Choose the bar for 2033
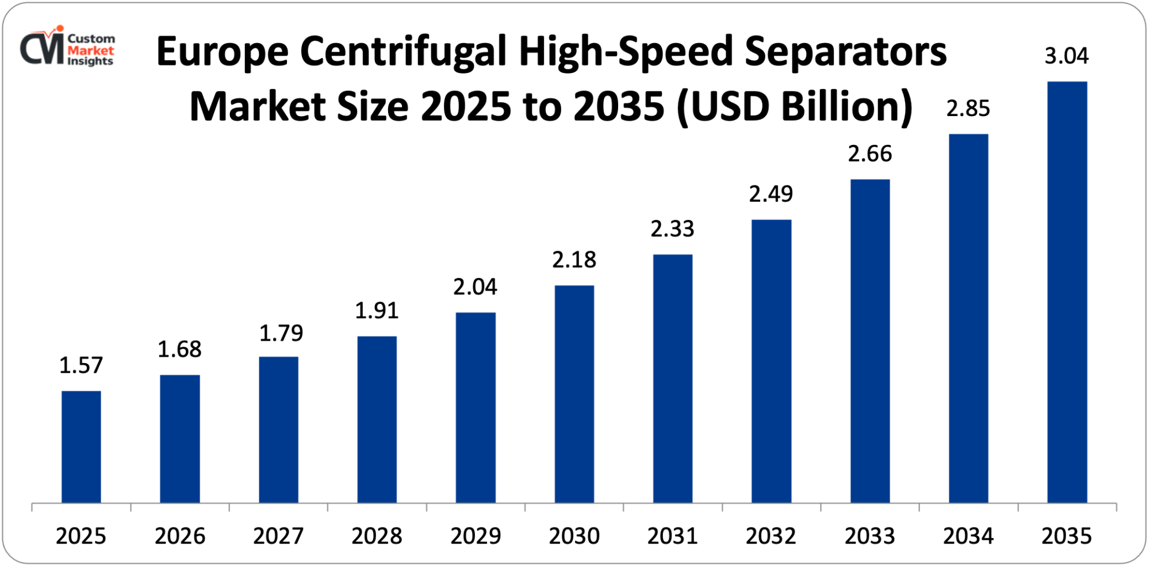869,341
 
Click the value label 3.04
1066,56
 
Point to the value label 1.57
81,365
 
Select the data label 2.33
672,229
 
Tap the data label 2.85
968,109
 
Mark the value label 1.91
377,311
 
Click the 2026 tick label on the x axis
180,536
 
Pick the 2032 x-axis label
771,536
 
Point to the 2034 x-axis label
968,536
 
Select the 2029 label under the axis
476,536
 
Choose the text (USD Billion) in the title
795,107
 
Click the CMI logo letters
41,48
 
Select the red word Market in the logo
90,50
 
